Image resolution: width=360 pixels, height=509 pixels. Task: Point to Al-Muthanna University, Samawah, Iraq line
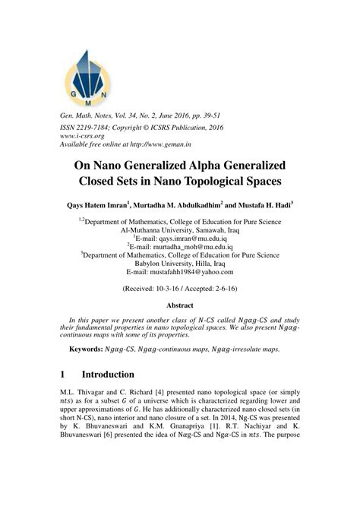pos(179,226)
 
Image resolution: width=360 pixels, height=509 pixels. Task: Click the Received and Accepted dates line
pos(179,289)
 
